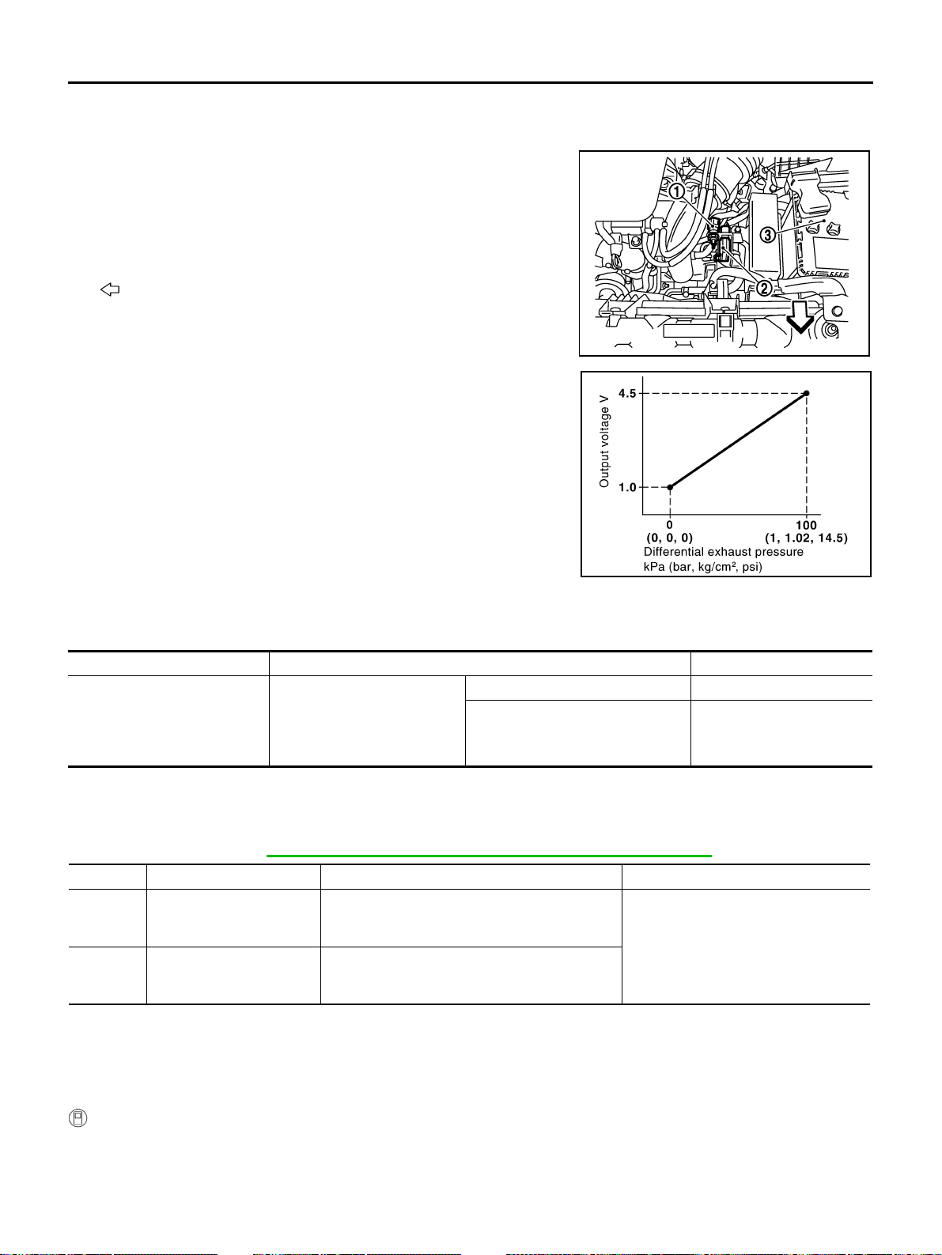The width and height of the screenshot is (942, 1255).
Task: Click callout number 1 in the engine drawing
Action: pos(676,191)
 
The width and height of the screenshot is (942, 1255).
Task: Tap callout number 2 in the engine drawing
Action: pos(764,289)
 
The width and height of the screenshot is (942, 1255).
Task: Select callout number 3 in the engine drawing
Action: pos(767,234)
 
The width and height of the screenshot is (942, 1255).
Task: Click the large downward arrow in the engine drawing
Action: pos(800,317)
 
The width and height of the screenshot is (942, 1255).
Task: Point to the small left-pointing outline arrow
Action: pos(110,289)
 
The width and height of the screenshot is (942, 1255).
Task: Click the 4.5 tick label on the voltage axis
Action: pos(627,393)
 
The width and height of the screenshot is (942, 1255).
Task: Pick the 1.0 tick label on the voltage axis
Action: pos(627,487)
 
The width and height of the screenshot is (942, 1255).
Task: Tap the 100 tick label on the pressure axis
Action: pos(806,525)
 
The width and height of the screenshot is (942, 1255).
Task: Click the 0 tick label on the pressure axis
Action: pos(669,525)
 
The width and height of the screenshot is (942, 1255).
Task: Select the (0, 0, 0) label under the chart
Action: pos(669,538)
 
